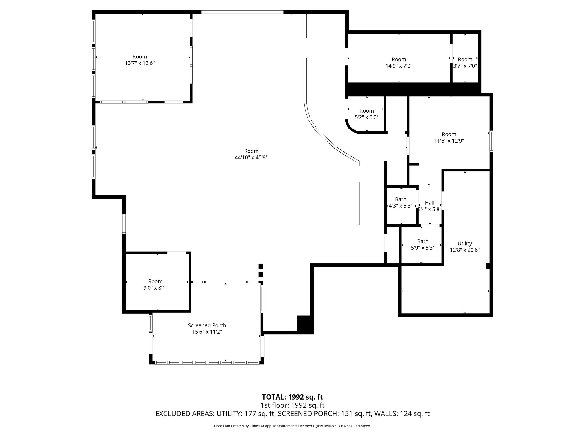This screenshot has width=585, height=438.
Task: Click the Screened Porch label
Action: [207, 325]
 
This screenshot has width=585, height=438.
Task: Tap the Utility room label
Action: [464, 244]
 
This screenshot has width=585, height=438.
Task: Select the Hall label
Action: [429, 203]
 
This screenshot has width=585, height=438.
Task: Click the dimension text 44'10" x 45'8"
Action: [251, 157]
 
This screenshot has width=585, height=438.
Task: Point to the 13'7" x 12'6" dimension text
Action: [139, 63]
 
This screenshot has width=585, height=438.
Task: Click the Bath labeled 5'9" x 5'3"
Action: [422, 244]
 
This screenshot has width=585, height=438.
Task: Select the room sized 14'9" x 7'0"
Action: [399, 63]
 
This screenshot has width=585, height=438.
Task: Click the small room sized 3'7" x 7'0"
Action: [465, 63]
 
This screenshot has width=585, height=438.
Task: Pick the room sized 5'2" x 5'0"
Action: [366, 114]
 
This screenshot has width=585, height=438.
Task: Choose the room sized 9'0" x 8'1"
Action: [155, 285]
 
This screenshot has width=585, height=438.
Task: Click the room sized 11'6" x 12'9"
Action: [449, 137]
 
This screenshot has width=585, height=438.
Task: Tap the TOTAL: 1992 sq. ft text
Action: [292, 397]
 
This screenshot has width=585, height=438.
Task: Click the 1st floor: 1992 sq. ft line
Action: [292, 405]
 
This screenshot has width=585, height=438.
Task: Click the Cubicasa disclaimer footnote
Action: [292, 426]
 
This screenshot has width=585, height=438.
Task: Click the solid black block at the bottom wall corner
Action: [305, 325]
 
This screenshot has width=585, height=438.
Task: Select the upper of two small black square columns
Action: [260, 266]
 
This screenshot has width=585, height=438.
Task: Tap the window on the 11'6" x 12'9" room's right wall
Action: [491, 141]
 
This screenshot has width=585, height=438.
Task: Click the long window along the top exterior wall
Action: [242, 12]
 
